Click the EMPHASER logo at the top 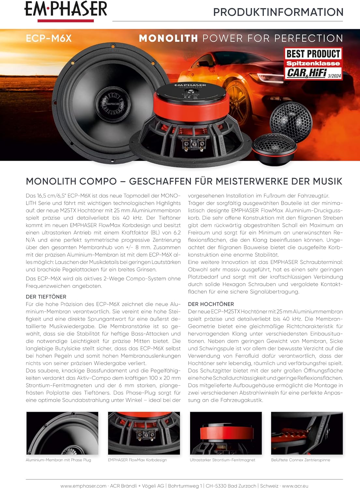click(x=66, y=10)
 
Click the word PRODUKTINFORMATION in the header click(x=278, y=12)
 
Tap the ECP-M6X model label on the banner click(x=49, y=38)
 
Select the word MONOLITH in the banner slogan click(x=168, y=38)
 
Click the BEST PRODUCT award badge click(x=313, y=63)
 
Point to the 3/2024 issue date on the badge click(x=334, y=76)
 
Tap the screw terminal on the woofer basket click(x=192, y=143)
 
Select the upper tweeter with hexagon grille click(x=291, y=118)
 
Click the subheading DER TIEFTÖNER click(x=46, y=297)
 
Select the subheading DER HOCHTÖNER click(x=211, y=304)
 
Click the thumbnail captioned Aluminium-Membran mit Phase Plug click(x=62, y=433)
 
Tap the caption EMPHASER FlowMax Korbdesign click(x=137, y=460)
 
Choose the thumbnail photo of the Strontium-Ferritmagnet click(x=226, y=433)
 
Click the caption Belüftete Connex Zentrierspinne click(x=300, y=460)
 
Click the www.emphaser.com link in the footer click(x=83, y=486)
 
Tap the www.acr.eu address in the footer click(x=295, y=486)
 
